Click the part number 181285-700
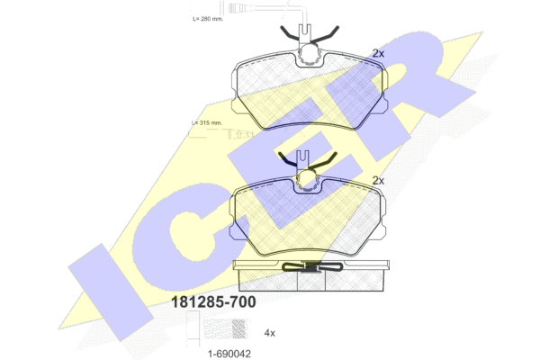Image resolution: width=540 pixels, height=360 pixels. pyautogui.click(x=213, y=301)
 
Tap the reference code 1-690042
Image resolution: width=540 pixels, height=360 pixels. pyautogui.click(x=229, y=354)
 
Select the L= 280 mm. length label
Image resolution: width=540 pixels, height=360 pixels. pyautogui.click(x=208, y=19)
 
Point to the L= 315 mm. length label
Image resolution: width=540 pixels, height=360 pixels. pyautogui.click(x=207, y=122)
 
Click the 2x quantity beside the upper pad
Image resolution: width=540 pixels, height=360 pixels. pyautogui.click(x=378, y=53)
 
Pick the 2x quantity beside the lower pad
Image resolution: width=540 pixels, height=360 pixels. pyautogui.click(x=378, y=181)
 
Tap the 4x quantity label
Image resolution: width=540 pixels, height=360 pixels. pyautogui.click(x=270, y=333)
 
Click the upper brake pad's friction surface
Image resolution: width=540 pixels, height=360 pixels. pyautogui.click(x=310, y=93)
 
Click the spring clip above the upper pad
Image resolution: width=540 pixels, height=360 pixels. pyautogui.click(x=310, y=34)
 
